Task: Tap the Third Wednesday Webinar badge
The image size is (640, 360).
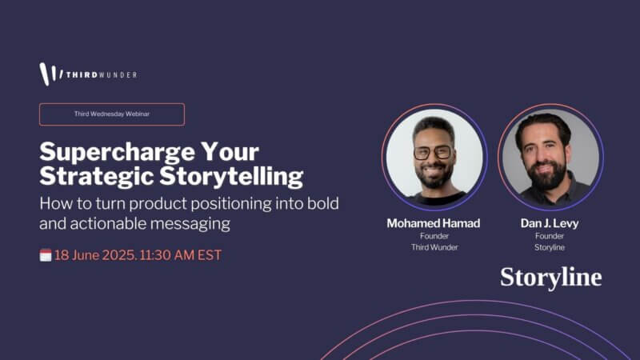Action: [x=112, y=114]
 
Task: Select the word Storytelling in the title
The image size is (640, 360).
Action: [x=231, y=177]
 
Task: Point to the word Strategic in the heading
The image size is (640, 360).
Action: [x=96, y=177]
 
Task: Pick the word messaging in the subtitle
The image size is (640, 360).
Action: [x=190, y=225]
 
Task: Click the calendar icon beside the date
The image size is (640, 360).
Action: [x=46, y=255]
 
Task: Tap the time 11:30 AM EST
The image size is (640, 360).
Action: [x=181, y=255]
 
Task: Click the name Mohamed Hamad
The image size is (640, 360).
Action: [x=434, y=223]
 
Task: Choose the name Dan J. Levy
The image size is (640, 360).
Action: [x=550, y=223]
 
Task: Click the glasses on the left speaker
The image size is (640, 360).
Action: [x=433, y=153]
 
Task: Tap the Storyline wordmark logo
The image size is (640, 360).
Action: [x=551, y=278]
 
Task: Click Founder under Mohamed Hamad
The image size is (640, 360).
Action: [x=434, y=236]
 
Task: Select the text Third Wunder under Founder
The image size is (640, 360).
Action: [x=434, y=247]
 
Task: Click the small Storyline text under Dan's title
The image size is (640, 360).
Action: [x=550, y=247]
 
